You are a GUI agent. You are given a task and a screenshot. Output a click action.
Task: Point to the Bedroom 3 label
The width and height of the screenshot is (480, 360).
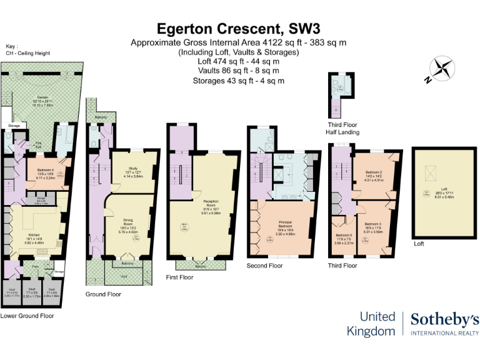pos(373,223)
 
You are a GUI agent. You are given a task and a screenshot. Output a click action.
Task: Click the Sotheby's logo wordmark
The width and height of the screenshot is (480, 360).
pos(444,321)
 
